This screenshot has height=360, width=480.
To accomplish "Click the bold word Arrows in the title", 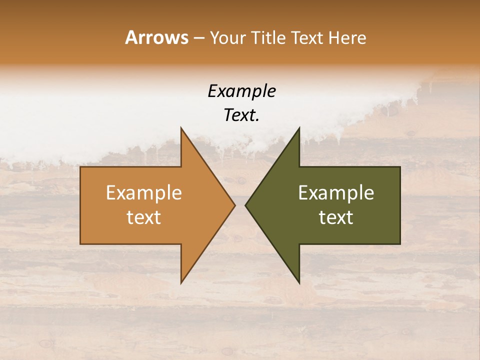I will [156, 37].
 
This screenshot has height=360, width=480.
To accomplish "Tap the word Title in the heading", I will [268, 37].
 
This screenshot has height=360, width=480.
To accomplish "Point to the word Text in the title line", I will [307, 37].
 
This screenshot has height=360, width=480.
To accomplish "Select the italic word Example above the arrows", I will [241, 91].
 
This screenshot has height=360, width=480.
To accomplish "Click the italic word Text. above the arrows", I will [241, 115].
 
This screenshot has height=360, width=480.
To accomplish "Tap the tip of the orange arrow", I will [235, 205].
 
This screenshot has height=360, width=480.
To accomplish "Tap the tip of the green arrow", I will [245, 205].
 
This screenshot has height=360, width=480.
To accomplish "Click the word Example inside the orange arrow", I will [144, 193].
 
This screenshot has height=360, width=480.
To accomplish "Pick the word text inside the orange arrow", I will [144, 217].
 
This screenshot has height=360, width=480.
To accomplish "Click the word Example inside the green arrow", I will [336, 193].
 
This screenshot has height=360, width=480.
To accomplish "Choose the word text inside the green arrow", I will [336, 217].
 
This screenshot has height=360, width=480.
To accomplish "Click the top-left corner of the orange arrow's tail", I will [80, 167].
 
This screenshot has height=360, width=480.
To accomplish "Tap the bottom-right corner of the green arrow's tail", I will [400, 244].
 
